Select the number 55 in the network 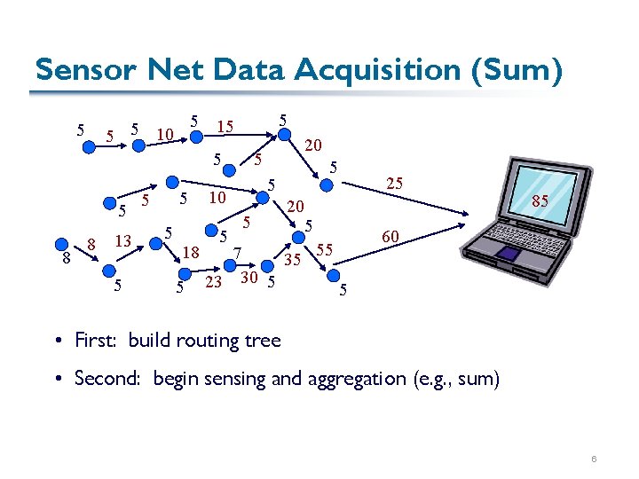click(x=325, y=250)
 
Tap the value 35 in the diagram click(x=293, y=260)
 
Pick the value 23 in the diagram click(x=213, y=283)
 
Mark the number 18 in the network click(x=191, y=254)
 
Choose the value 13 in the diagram click(x=124, y=240)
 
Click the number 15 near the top click(x=225, y=127)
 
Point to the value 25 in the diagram click(x=395, y=184)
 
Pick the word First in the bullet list click(x=95, y=340)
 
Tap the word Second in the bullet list click(x=107, y=379)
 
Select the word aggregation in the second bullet click(x=351, y=380)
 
